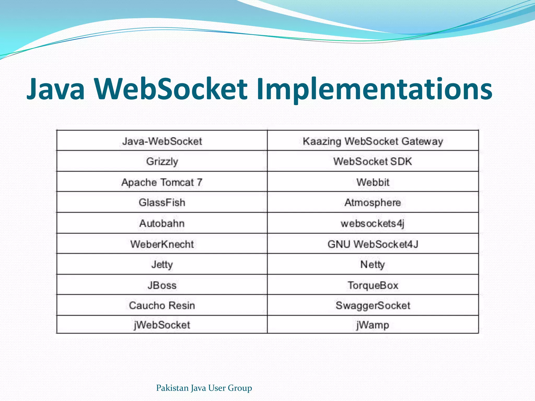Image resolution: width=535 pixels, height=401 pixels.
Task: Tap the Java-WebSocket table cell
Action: (x=162, y=141)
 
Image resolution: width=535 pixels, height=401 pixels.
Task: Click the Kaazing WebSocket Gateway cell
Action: (x=373, y=141)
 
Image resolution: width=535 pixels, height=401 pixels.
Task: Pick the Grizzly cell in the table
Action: (x=162, y=161)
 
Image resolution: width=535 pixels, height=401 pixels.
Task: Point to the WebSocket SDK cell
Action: (x=373, y=161)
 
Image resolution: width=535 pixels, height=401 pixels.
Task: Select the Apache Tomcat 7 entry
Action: (x=162, y=182)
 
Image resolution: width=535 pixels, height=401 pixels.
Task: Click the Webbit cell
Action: (x=373, y=182)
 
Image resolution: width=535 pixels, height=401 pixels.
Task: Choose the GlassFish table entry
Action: (x=162, y=202)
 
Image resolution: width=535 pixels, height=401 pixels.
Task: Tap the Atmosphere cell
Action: (x=373, y=202)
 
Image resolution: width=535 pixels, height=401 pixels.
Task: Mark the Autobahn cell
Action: (x=162, y=223)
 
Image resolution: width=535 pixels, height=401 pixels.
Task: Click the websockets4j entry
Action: (x=373, y=223)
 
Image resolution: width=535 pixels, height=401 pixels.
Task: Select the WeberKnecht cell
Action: (x=162, y=244)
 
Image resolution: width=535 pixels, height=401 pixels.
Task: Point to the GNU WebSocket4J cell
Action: (x=373, y=244)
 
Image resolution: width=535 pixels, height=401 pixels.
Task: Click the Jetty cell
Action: (x=162, y=264)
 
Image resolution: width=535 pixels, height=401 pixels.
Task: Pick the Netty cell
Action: (x=373, y=264)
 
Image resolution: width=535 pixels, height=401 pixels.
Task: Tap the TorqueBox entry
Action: (x=373, y=285)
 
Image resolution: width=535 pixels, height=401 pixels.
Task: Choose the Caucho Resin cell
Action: (x=162, y=305)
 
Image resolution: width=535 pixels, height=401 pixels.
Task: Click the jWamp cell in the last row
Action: (x=373, y=325)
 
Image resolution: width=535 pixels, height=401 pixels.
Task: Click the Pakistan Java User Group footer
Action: (x=204, y=388)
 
